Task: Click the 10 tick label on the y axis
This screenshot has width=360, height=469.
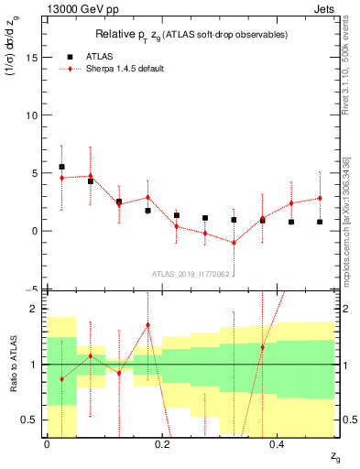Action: coord(35,115)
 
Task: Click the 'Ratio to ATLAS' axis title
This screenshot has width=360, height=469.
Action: coord(12,365)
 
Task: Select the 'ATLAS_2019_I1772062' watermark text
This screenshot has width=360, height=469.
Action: coord(190,274)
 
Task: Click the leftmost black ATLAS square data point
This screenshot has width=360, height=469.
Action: coord(61,167)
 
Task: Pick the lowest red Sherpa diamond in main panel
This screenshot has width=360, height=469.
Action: coord(235,243)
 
